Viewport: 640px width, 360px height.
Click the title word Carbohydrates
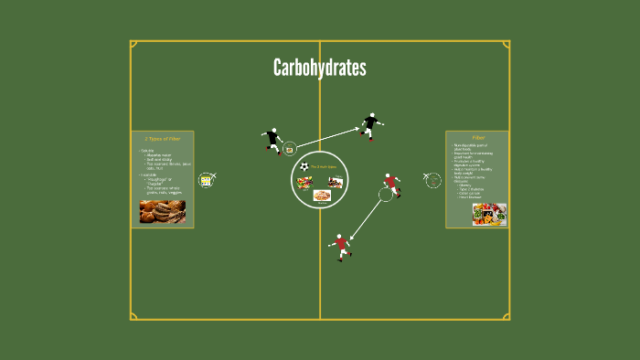(319, 69)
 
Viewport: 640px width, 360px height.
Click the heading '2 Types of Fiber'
(163, 137)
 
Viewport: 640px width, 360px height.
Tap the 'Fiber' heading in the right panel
(477, 137)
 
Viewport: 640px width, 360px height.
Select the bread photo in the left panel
(163, 211)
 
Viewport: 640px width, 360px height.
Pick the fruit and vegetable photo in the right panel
(489, 214)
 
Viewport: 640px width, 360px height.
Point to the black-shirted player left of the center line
(272, 140)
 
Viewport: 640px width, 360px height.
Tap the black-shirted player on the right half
(370, 124)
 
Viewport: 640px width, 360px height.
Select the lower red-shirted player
(341, 246)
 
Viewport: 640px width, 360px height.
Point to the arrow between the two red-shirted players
(367, 218)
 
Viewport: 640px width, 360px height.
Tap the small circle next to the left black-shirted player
(290, 149)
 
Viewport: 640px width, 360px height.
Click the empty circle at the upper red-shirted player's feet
(385, 195)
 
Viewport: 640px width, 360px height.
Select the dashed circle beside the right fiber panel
(433, 181)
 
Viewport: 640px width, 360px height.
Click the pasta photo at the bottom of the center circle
(321, 195)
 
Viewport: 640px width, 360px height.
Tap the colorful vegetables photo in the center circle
(305, 182)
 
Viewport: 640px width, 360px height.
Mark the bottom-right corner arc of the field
(506, 316)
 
